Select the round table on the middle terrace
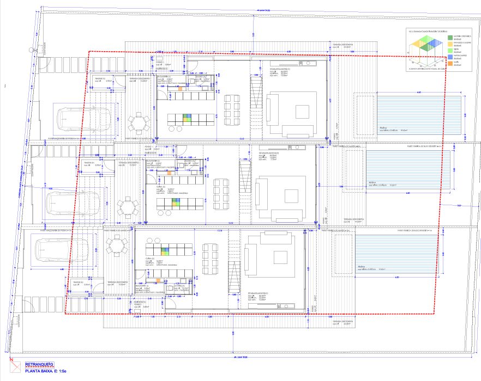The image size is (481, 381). click(x=128, y=207)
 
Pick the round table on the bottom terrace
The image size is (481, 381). click(x=116, y=246)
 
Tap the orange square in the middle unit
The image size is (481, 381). click(x=170, y=173)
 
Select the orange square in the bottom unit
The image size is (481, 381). click(x=158, y=280)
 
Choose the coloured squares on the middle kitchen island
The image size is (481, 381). click(x=176, y=202)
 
